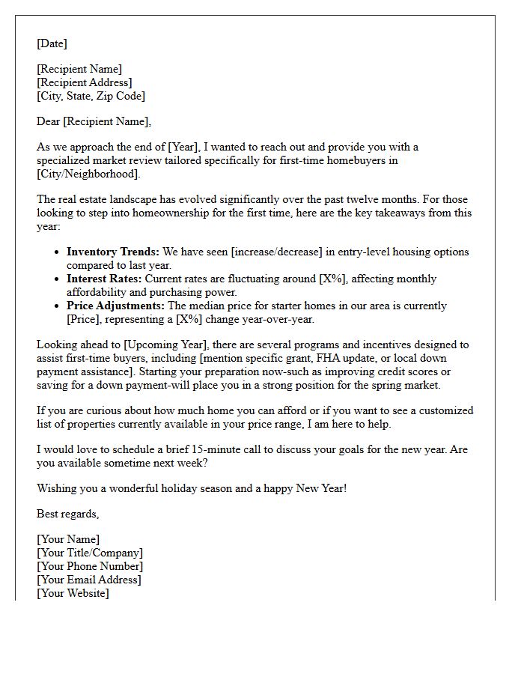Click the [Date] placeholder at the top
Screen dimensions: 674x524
[52, 43]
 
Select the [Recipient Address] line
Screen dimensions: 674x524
[85, 82]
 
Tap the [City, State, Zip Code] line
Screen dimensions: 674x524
[91, 96]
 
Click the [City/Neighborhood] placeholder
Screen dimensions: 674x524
[88, 174]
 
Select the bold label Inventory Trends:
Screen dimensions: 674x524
[112, 252]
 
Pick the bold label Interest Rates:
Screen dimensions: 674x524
[104, 279]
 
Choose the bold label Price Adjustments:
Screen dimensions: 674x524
[115, 306]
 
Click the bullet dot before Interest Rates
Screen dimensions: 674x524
[57, 279]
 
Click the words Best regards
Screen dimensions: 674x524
[67, 514]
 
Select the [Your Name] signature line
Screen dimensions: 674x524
[68, 539]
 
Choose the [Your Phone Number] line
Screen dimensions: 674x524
[90, 566]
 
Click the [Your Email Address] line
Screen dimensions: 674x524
[89, 580]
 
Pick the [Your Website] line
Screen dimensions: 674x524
[73, 593]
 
